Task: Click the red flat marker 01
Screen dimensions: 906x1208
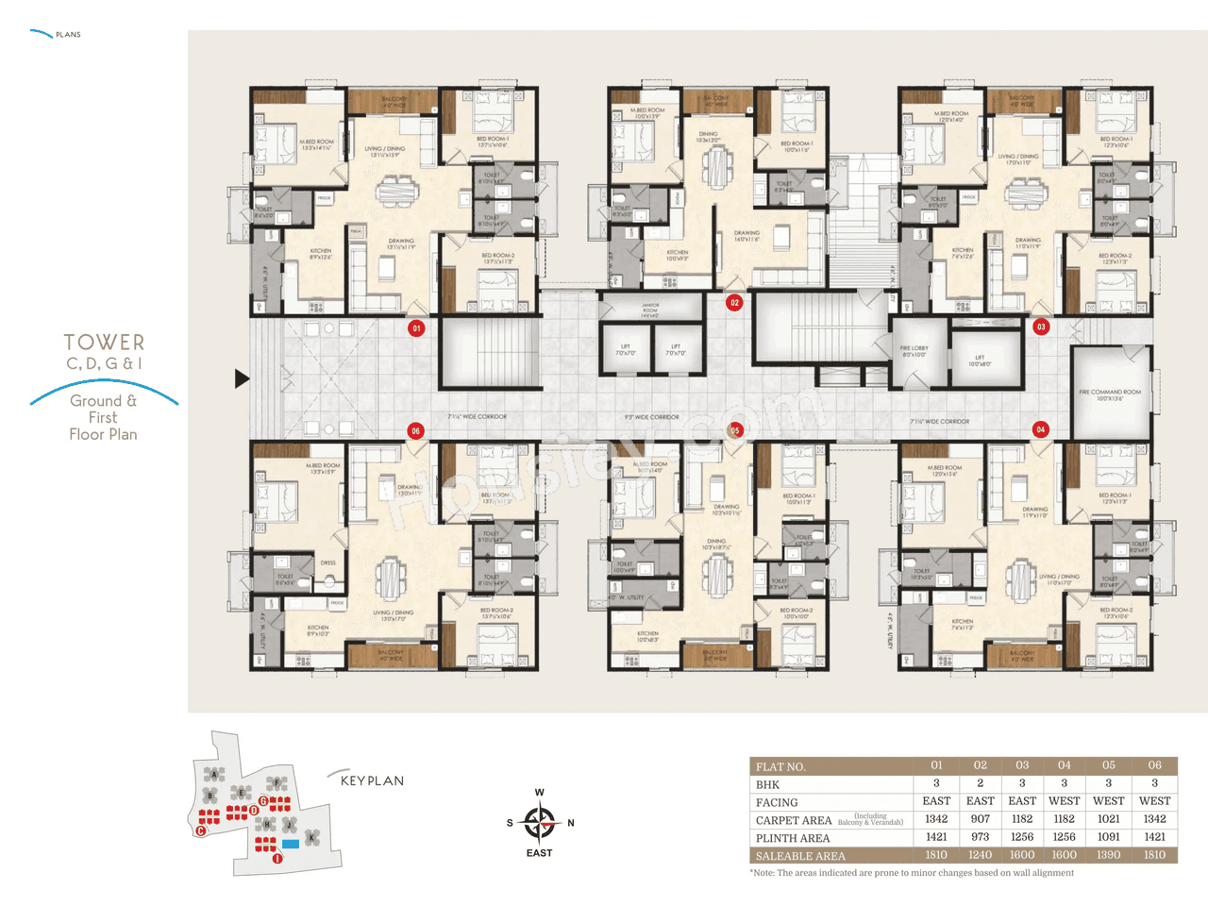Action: pyautogui.click(x=416, y=328)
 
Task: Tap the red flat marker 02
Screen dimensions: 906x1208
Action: pyautogui.click(x=734, y=303)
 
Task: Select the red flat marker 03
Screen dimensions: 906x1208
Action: pyautogui.click(x=1041, y=327)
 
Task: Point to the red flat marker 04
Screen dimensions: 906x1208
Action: pyautogui.click(x=1041, y=429)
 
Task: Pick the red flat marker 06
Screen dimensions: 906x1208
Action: pyautogui.click(x=415, y=430)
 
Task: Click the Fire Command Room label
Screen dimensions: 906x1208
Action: pyautogui.click(x=1111, y=394)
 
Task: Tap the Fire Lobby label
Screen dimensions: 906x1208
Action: pyautogui.click(x=914, y=351)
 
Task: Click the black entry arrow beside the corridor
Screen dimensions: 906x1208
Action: pyautogui.click(x=242, y=378)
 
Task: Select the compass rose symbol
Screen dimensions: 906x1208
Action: pyautogui.click(x=540, y=823)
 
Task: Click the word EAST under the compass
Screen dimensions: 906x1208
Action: pyautogui.click(x=540, y=853)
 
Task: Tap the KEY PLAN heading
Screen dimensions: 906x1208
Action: pyautogui.click(x=372, y=780)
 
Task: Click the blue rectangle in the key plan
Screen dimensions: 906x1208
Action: pyautogui.click(x=291, y=843)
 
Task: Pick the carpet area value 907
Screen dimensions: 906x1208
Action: pyautogui.click(x=980, y=819)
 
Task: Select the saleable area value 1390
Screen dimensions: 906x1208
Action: pyautogui.click(x=1108, y=855)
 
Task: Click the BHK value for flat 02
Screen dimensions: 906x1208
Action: pyautogui.click(x=980, y=783)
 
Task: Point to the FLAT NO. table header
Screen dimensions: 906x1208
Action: pyautogui.click(x=780, y=766)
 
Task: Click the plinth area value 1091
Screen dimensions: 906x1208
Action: pyautogui.click(x=1108, y=837)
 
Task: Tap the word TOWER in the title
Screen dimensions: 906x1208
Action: pyautogui.click(x=104, y=343)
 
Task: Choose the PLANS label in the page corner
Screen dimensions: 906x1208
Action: pyautogui.click(x=68, y=35)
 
